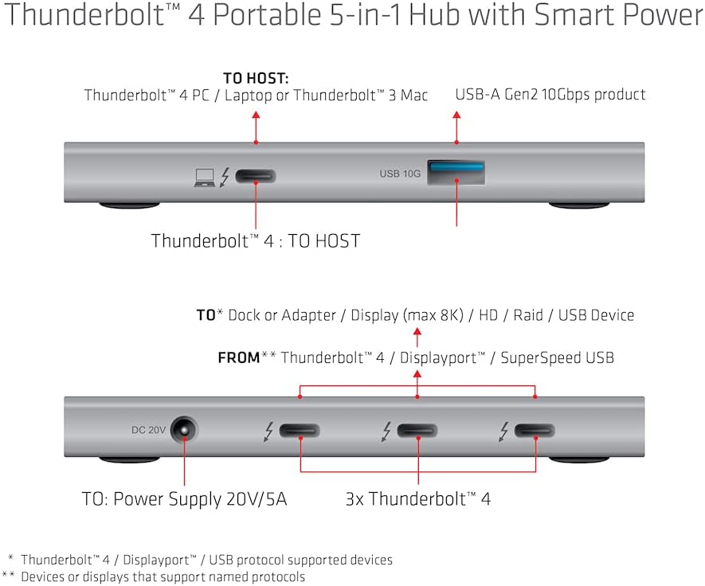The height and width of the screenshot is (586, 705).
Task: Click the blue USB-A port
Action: pyautogui.click(x=456, y=173)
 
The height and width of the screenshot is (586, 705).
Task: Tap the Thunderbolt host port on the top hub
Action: pyautogui.click(x=256, y=176)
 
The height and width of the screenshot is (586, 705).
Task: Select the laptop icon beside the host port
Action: pyautogui.click(x=205, y=178)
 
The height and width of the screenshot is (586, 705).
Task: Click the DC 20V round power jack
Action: pyautogui.click(x=184, y=431)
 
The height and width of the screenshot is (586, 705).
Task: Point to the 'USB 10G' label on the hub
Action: pyautogui.click(x=400, y=174)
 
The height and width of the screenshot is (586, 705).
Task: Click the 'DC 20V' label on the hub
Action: pyautogui.click(x=148, y=430)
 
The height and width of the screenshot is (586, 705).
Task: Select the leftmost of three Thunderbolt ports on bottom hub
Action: pyautogui.click(x=300, y=431)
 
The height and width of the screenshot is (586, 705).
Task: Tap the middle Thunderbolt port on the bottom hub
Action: pyautogui.click(x=417, y=431)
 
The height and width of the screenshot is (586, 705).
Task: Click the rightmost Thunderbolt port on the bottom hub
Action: pyautogui.click(x=535, y=431)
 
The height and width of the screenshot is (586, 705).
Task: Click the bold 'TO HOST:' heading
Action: pyautogui.click(x=256, y=78)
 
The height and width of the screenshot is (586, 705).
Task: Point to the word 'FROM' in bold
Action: pyautogui.click(x=239, y=357)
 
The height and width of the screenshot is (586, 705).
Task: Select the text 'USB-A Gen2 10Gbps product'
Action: pyautogui.click(x=550, y=95)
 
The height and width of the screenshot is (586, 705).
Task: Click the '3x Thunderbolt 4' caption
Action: pyautogui.click(x=417, y=499)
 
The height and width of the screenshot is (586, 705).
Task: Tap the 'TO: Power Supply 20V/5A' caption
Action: pyautogui.click(x=184, y=499)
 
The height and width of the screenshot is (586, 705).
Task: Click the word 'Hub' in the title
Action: pyautogui.click(x=434, y=14)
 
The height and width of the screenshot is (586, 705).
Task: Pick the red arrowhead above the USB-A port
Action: pyautogui.click(x=456, y=115)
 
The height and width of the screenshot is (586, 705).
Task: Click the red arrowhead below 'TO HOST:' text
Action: pyautogui.click(x=256, y=115)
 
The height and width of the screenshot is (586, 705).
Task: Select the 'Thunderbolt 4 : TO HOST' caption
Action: pyautogui.click(x=256, y=241)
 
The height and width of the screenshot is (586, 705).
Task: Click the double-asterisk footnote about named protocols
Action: pyautogui.click(x=154, y=576)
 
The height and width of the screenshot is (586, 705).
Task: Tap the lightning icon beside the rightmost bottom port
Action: pyautogui.click(x=503, y=432)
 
